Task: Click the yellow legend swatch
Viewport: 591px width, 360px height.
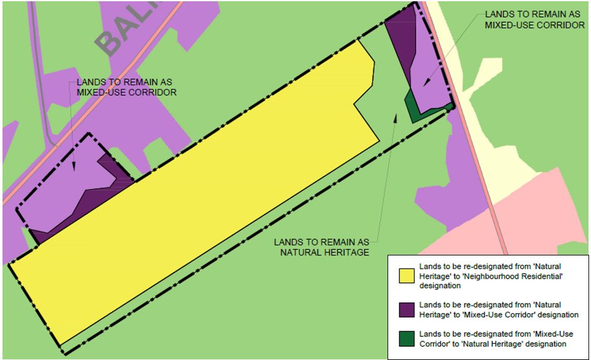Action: (408, 275)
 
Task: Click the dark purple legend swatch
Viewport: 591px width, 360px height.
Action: (408, 309)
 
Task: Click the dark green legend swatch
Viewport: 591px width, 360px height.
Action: (408, 339)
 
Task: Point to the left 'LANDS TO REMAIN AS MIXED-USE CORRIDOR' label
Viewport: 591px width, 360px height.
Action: (126, 87)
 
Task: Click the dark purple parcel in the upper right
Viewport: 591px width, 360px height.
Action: (401, 38)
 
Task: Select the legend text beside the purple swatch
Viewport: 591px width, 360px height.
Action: (498, 309)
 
